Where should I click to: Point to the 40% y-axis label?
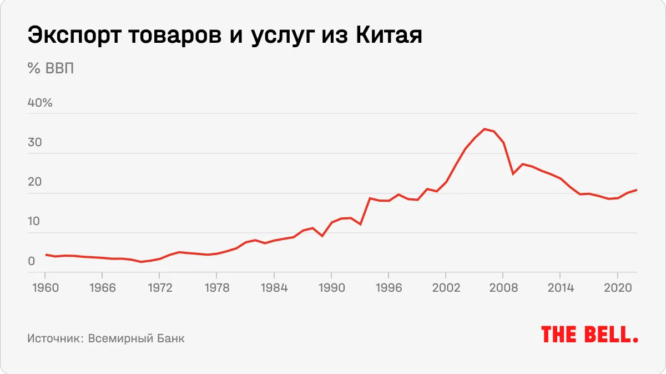[40, 103]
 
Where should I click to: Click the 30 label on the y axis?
[35, 142]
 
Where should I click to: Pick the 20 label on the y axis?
[35, 182]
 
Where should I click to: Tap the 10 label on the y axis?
[35, 222]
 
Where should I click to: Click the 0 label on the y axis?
[32, 261]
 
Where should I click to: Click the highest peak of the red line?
[484, 129]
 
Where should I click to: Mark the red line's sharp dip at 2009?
[513, 174]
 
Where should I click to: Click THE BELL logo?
[589, 335]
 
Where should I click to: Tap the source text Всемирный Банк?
[136, 338]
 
